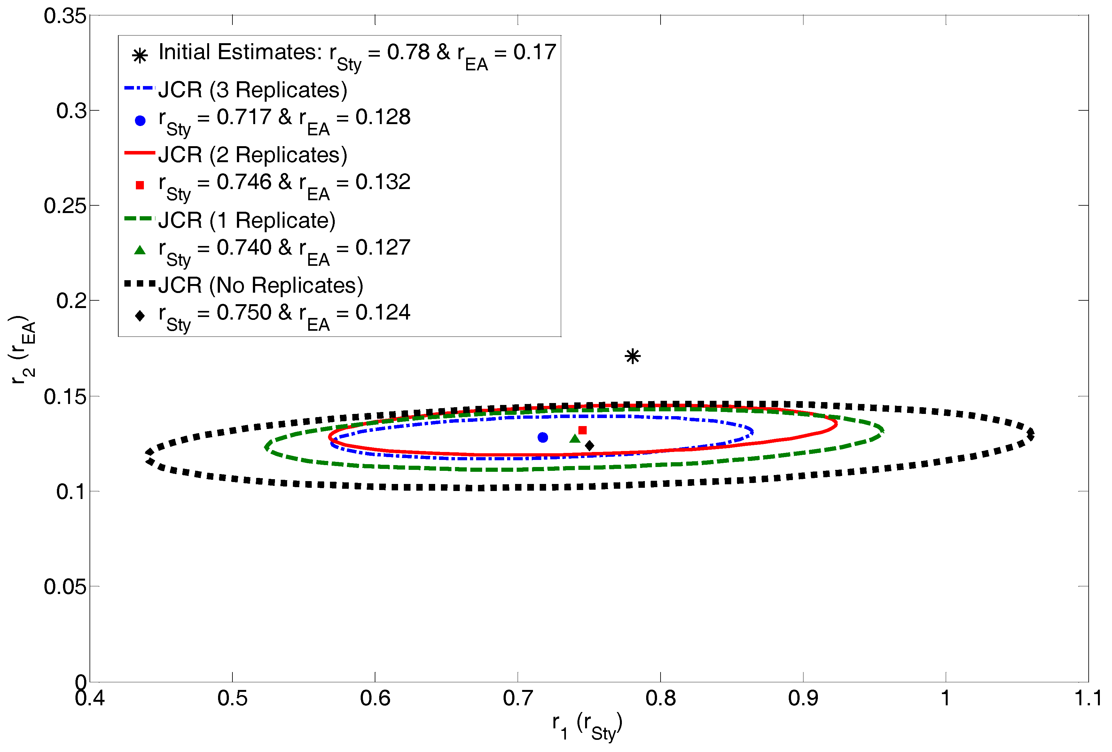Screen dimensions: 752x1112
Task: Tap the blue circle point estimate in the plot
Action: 543,437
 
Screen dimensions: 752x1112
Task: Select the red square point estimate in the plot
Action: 582,430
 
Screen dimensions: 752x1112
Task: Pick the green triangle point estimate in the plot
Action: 575,439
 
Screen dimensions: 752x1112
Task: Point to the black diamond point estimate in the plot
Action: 590,446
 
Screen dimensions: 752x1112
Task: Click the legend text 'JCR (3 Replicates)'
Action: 253,90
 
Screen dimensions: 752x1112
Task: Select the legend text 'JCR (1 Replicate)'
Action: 247,220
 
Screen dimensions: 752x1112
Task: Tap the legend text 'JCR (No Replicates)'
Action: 261,285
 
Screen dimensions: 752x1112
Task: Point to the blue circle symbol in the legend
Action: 140,121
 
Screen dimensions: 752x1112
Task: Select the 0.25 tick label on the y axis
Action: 65,206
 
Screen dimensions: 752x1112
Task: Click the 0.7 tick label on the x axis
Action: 518,698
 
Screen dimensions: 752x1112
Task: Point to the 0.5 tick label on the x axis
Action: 232,698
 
